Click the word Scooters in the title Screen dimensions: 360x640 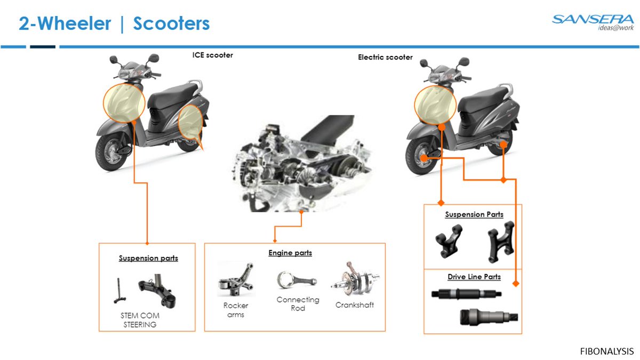click(171, 24)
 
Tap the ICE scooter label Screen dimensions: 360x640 click(212, 55)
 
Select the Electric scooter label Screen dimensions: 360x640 click(385, 57)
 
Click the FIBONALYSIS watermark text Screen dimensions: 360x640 click(606, 351)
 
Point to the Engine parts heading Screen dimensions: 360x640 click(290, 253)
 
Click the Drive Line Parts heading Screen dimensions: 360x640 click(474, 277)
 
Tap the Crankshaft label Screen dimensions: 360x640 click(355, 305)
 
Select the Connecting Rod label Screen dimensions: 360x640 click(298, 304)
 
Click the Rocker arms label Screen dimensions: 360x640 click(236, 310)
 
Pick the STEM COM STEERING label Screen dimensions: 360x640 click(140, 320)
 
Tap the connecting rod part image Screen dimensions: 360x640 click(297, 280)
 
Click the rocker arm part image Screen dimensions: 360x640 click(235, 279)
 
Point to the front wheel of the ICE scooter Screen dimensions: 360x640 click(113, 153)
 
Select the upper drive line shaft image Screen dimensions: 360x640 click(466, 293)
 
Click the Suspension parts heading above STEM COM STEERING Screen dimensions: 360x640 click(148, 258)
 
